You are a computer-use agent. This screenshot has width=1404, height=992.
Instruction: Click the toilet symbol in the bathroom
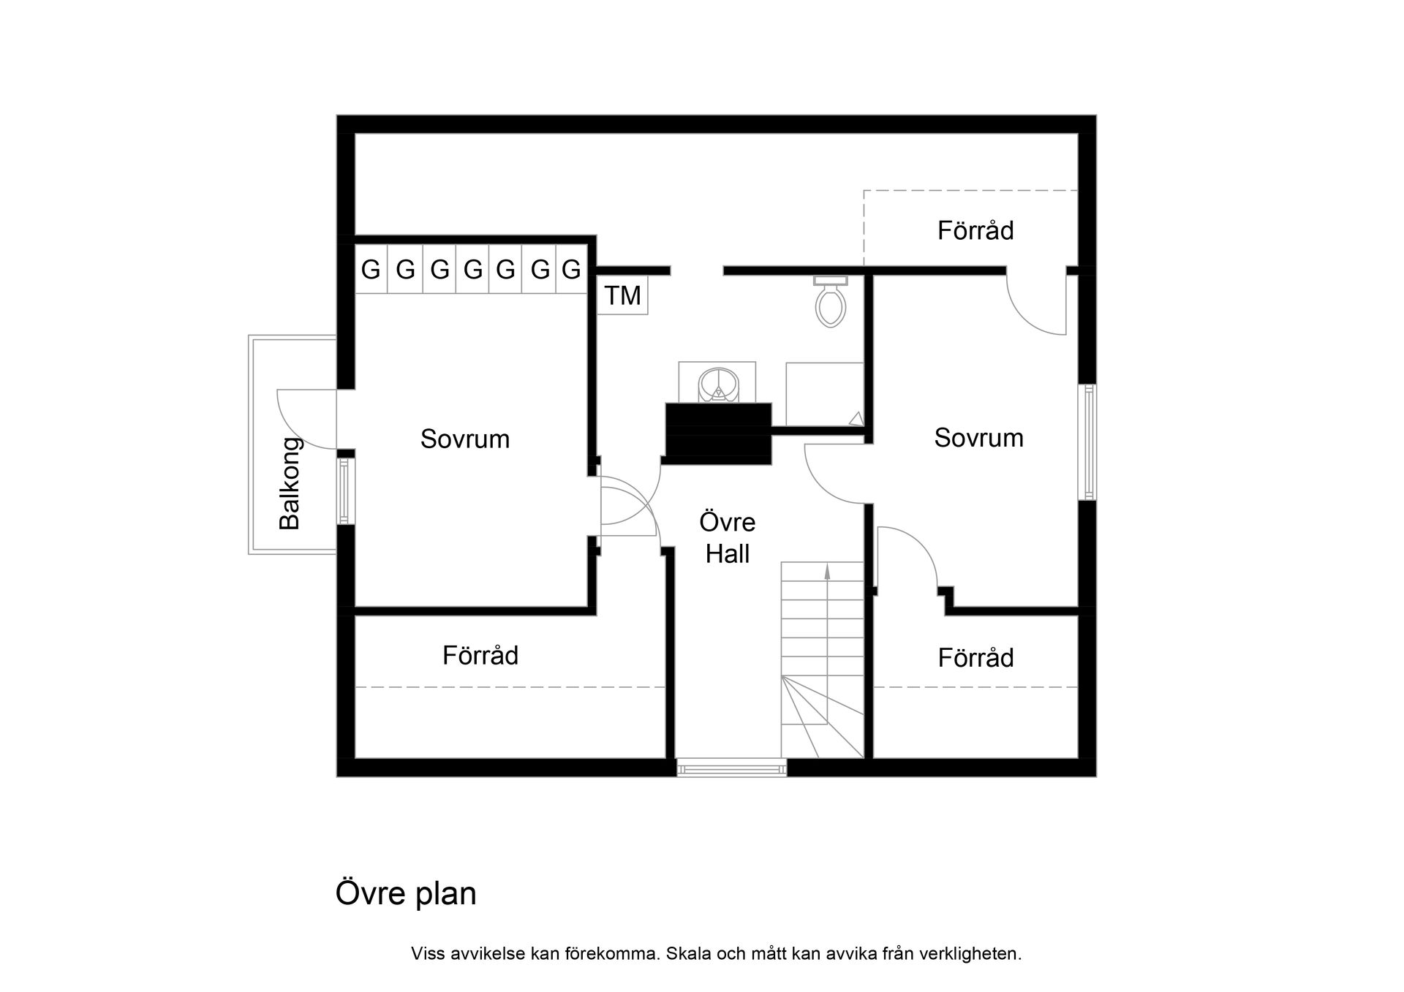click(x=830, y=302)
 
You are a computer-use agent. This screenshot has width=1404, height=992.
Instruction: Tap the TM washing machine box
click(x=622, y=295)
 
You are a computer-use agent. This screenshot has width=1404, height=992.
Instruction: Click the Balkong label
click(x=290, y=483)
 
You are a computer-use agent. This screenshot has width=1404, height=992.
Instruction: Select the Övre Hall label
click(x=728, y=538)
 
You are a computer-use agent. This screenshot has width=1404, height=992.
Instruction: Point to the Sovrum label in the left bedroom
click(x=465, y=439)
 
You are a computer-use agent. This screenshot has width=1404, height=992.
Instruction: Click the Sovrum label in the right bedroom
click(x=978, y=438)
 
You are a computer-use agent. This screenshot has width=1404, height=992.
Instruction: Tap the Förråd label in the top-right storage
click(x=975, y=231)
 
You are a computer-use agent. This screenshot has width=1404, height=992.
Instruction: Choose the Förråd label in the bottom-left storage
click(x=480, y=655)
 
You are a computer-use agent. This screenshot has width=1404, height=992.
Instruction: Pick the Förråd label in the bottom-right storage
click(x=975, y=658)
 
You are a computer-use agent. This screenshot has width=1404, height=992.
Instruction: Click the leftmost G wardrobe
click(x=371, y=270)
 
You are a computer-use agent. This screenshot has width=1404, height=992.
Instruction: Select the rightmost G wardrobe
click(x=571, y=270)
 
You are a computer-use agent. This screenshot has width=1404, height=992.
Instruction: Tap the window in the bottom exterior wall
click(x=731, y=768)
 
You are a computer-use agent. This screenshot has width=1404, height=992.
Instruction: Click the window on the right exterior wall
click(x=1087, y=442)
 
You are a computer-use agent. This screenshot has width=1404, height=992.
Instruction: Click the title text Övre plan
click(x=406, y=893)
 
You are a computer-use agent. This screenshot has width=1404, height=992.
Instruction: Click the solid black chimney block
click(x=719, y=433)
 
